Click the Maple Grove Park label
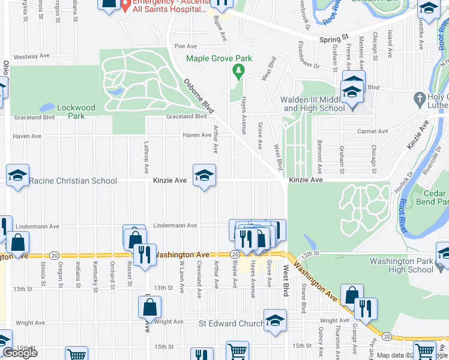[218, 59]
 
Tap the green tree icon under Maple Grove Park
[239, 71]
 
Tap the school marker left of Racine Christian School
[17, 176]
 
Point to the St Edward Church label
[231, 324]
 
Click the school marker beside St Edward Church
[275, 321]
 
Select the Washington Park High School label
[401, 265]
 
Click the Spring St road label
[334, 39]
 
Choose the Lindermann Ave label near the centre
[175, 226]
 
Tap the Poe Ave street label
[185, 46]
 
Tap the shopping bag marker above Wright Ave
[149, 307]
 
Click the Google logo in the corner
[20, 353]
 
